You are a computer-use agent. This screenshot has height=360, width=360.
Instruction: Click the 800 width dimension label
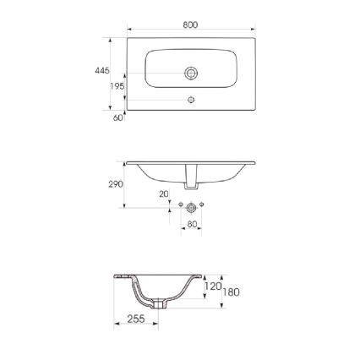point(190,25)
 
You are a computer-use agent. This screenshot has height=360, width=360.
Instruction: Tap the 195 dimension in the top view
point(117,86)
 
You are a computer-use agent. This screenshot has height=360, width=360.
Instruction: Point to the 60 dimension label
point(118,117)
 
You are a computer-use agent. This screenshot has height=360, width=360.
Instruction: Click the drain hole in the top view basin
point(191,74)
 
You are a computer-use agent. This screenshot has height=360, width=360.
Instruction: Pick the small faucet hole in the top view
point(191,100)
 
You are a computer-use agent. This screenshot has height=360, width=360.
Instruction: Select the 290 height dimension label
point(116,183)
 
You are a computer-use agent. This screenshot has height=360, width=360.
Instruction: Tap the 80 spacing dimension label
point(192,224)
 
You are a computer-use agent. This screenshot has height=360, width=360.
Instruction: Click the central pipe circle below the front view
point(192,207)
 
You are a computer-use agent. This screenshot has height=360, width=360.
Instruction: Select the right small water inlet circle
point(203,206)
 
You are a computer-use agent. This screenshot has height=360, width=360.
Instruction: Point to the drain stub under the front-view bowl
point(192,178)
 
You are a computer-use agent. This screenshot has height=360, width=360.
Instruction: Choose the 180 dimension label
point(231,292)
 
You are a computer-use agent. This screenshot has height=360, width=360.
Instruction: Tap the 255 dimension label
point(135,318)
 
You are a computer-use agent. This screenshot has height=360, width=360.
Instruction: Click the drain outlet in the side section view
point(157,303)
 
